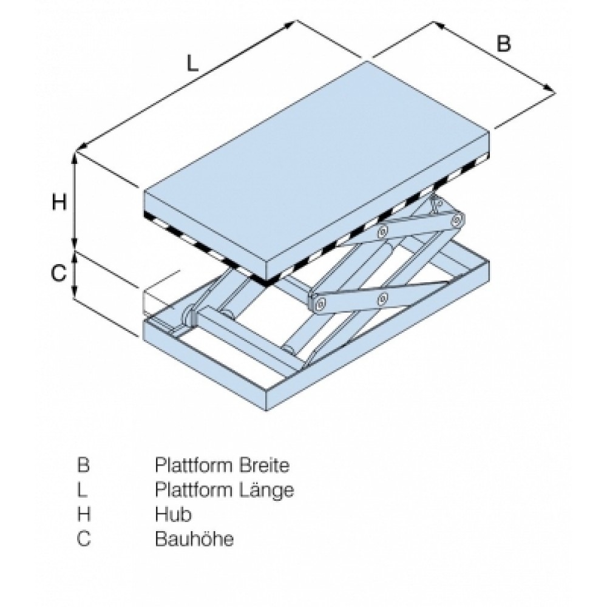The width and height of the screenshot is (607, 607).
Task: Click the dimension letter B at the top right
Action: pos(504,44)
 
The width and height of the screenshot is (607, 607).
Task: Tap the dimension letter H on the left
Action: pos(58,202)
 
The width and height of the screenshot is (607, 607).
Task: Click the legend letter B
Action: pos(84,466)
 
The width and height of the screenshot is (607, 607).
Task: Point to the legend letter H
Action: pos(84,514)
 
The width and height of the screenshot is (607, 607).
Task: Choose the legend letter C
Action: pos(84,538)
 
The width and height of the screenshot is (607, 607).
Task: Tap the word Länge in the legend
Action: pos(265,489)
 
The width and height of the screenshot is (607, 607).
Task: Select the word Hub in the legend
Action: pos(173,514)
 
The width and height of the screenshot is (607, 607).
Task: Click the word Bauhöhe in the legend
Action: pos(194,538)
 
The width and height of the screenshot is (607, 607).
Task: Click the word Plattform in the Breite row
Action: pos(191,466)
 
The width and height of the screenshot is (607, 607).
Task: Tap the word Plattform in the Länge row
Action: pos(191,489)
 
